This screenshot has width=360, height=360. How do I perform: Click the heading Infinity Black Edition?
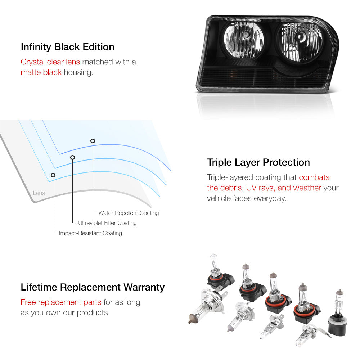(x=68, y=47)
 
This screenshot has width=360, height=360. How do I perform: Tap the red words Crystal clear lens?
(x=50, y=62)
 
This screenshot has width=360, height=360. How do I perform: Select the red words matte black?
(x=41, y=72)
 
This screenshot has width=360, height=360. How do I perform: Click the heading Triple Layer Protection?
(x=258, y=162)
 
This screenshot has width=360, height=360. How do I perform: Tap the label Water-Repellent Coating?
(x=129, y=213)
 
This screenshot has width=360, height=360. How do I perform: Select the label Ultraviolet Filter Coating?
(x=107, y=223)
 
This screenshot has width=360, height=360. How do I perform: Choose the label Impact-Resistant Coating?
(x=90, y=233)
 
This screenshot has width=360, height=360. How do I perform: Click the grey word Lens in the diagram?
(x=39, y=193)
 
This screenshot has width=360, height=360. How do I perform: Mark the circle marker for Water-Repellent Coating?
(x=93, y=141)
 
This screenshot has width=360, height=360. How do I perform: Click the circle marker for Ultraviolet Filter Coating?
(x=73, y=158)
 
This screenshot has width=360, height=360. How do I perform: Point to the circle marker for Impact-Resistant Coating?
(x=53, y=175)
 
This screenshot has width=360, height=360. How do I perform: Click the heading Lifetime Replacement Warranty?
(x=93, y=287)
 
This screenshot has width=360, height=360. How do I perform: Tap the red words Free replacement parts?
(x=61, y=302)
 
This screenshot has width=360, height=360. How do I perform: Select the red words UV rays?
(x=261, y=188)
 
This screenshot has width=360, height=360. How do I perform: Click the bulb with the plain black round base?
(x=338, y=315)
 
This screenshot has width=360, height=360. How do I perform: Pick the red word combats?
(x=314, y=177)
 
